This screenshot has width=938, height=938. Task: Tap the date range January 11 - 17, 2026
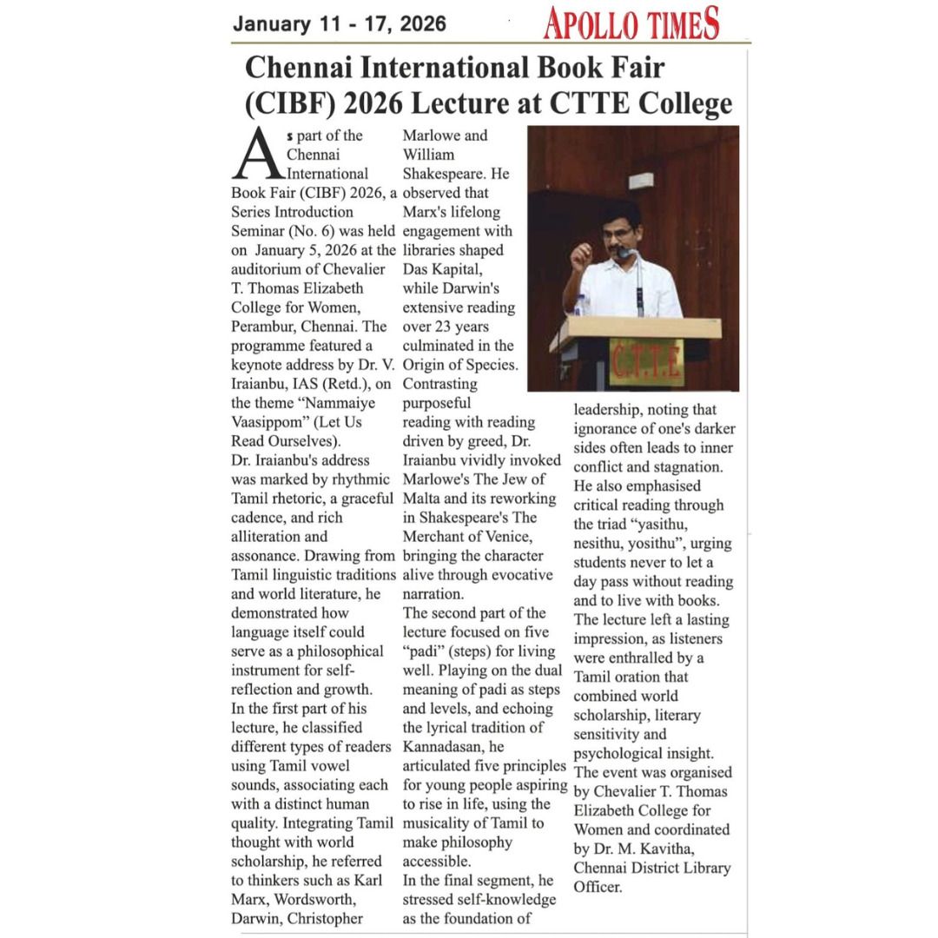(339, 23)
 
